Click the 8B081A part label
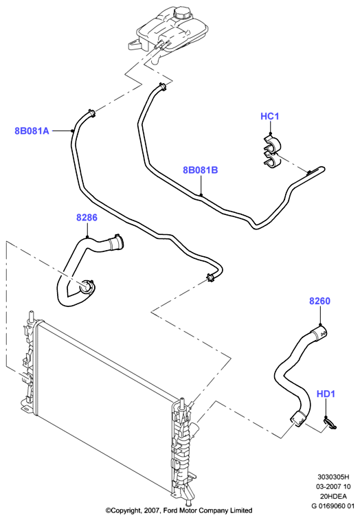pos(32,131)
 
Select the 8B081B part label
pos(201,170)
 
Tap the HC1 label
pos(270,116)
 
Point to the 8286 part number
pos(87,218)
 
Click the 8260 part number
pos(320,301)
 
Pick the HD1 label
pos(326,394)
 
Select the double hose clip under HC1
pos(272,152)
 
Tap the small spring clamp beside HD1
pos(330,423)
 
